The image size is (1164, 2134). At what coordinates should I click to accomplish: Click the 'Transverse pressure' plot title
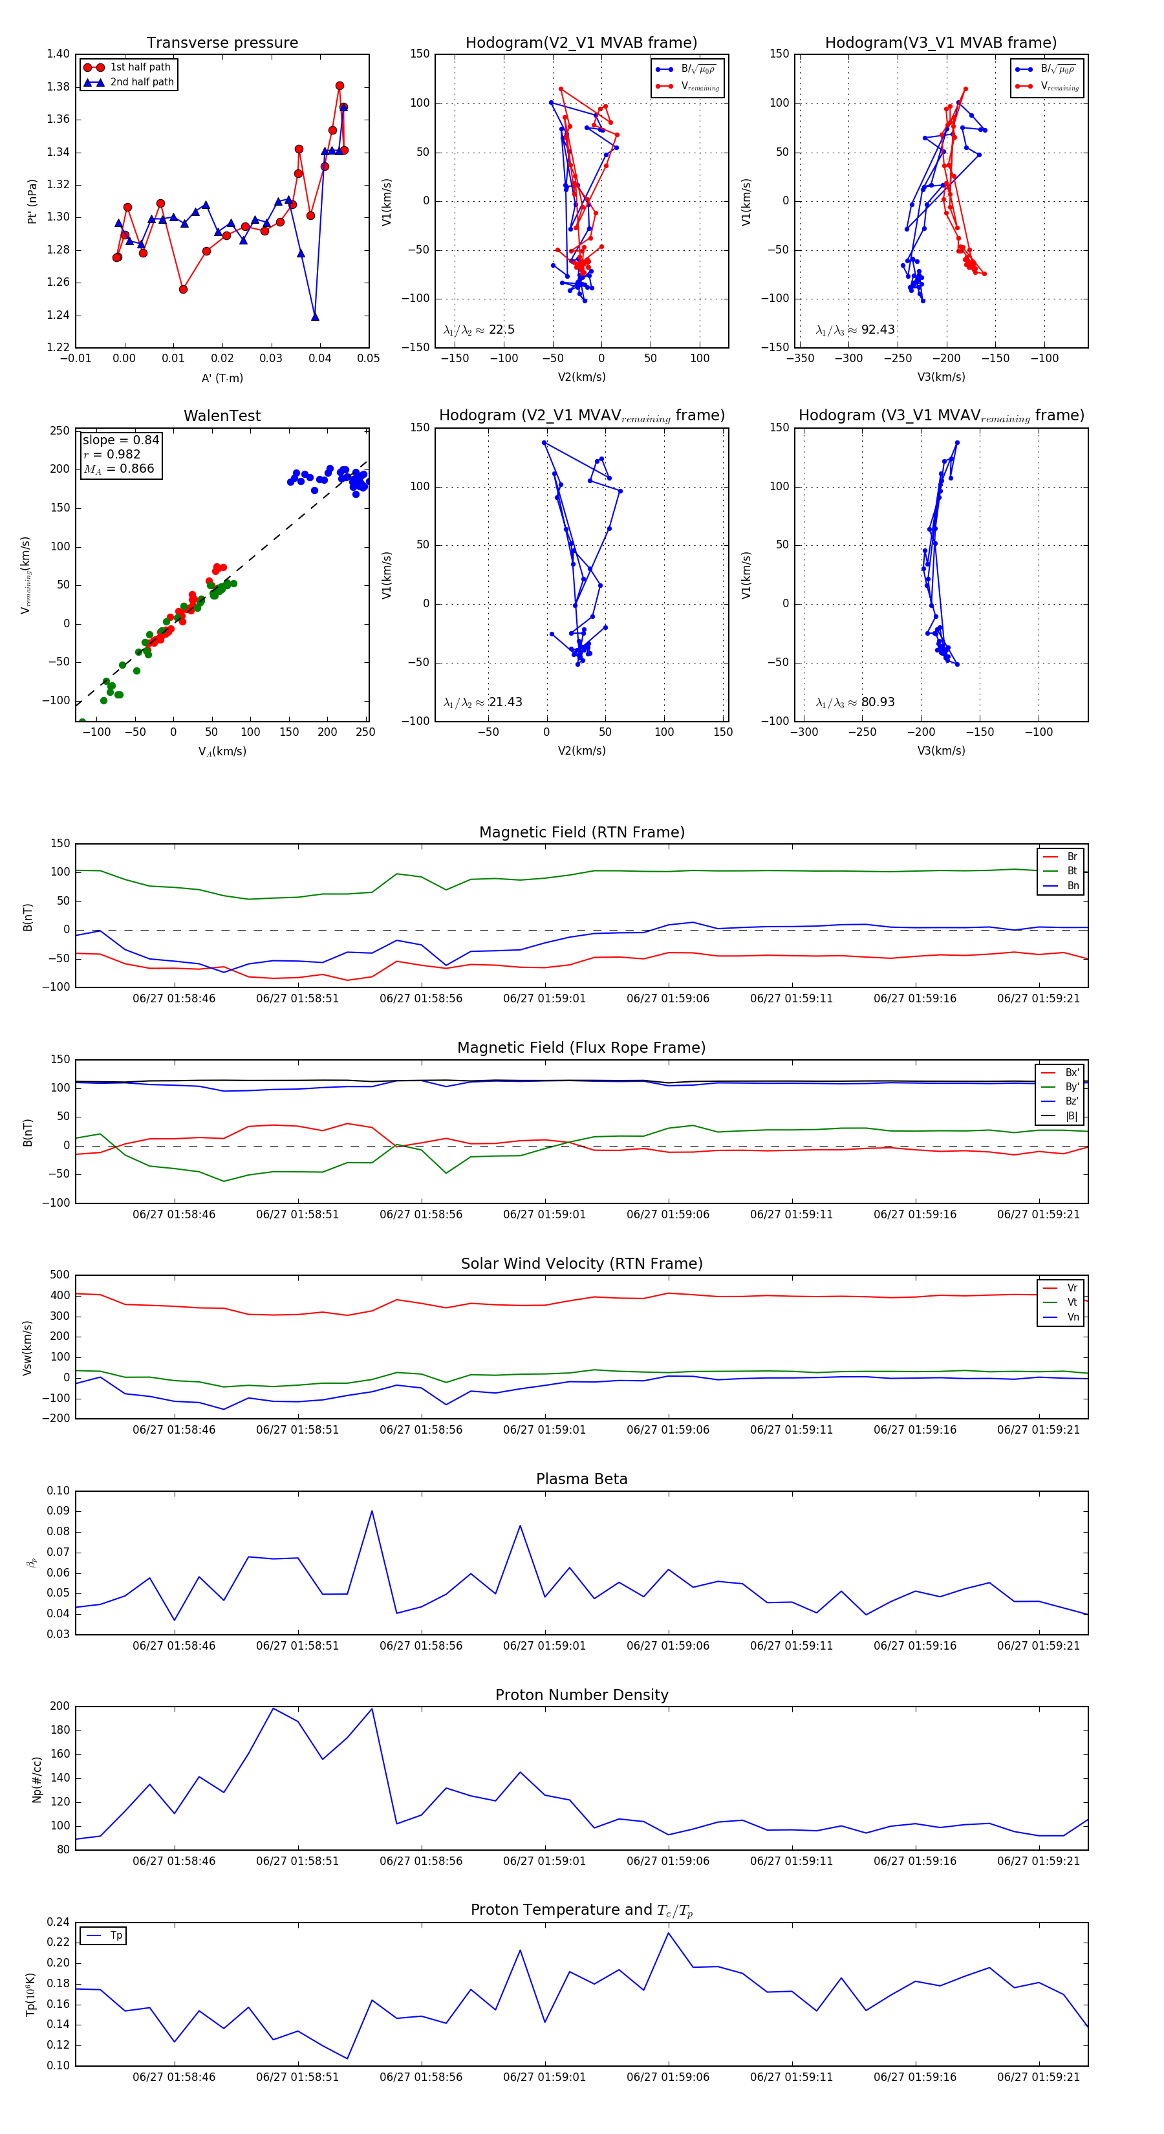pos(222,43)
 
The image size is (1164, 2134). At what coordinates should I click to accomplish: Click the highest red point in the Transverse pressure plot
pos(339,86)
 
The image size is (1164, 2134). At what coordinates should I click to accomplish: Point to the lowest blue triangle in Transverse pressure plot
pos(315,316)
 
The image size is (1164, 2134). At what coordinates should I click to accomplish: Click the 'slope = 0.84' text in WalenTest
pos(120,440)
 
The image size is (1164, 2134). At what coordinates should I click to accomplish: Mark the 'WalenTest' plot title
pos(222,416)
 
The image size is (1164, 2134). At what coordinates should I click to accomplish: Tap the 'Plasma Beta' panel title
pos(581,1479)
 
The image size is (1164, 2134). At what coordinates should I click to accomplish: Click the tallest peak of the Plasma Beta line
pos(372,1511)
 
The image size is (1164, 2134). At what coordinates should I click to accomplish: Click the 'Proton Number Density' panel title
pos(581,1695)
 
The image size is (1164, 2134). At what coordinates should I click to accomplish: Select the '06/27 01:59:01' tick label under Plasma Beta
pos(544,1646)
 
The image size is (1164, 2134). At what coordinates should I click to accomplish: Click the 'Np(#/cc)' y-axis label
pos(36,1778)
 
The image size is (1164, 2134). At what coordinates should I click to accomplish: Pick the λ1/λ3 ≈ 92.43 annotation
pos(855,330)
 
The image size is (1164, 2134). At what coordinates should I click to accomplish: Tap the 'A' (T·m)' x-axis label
pos(222,378)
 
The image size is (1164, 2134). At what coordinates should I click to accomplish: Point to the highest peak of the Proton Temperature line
pos(669,1934)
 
